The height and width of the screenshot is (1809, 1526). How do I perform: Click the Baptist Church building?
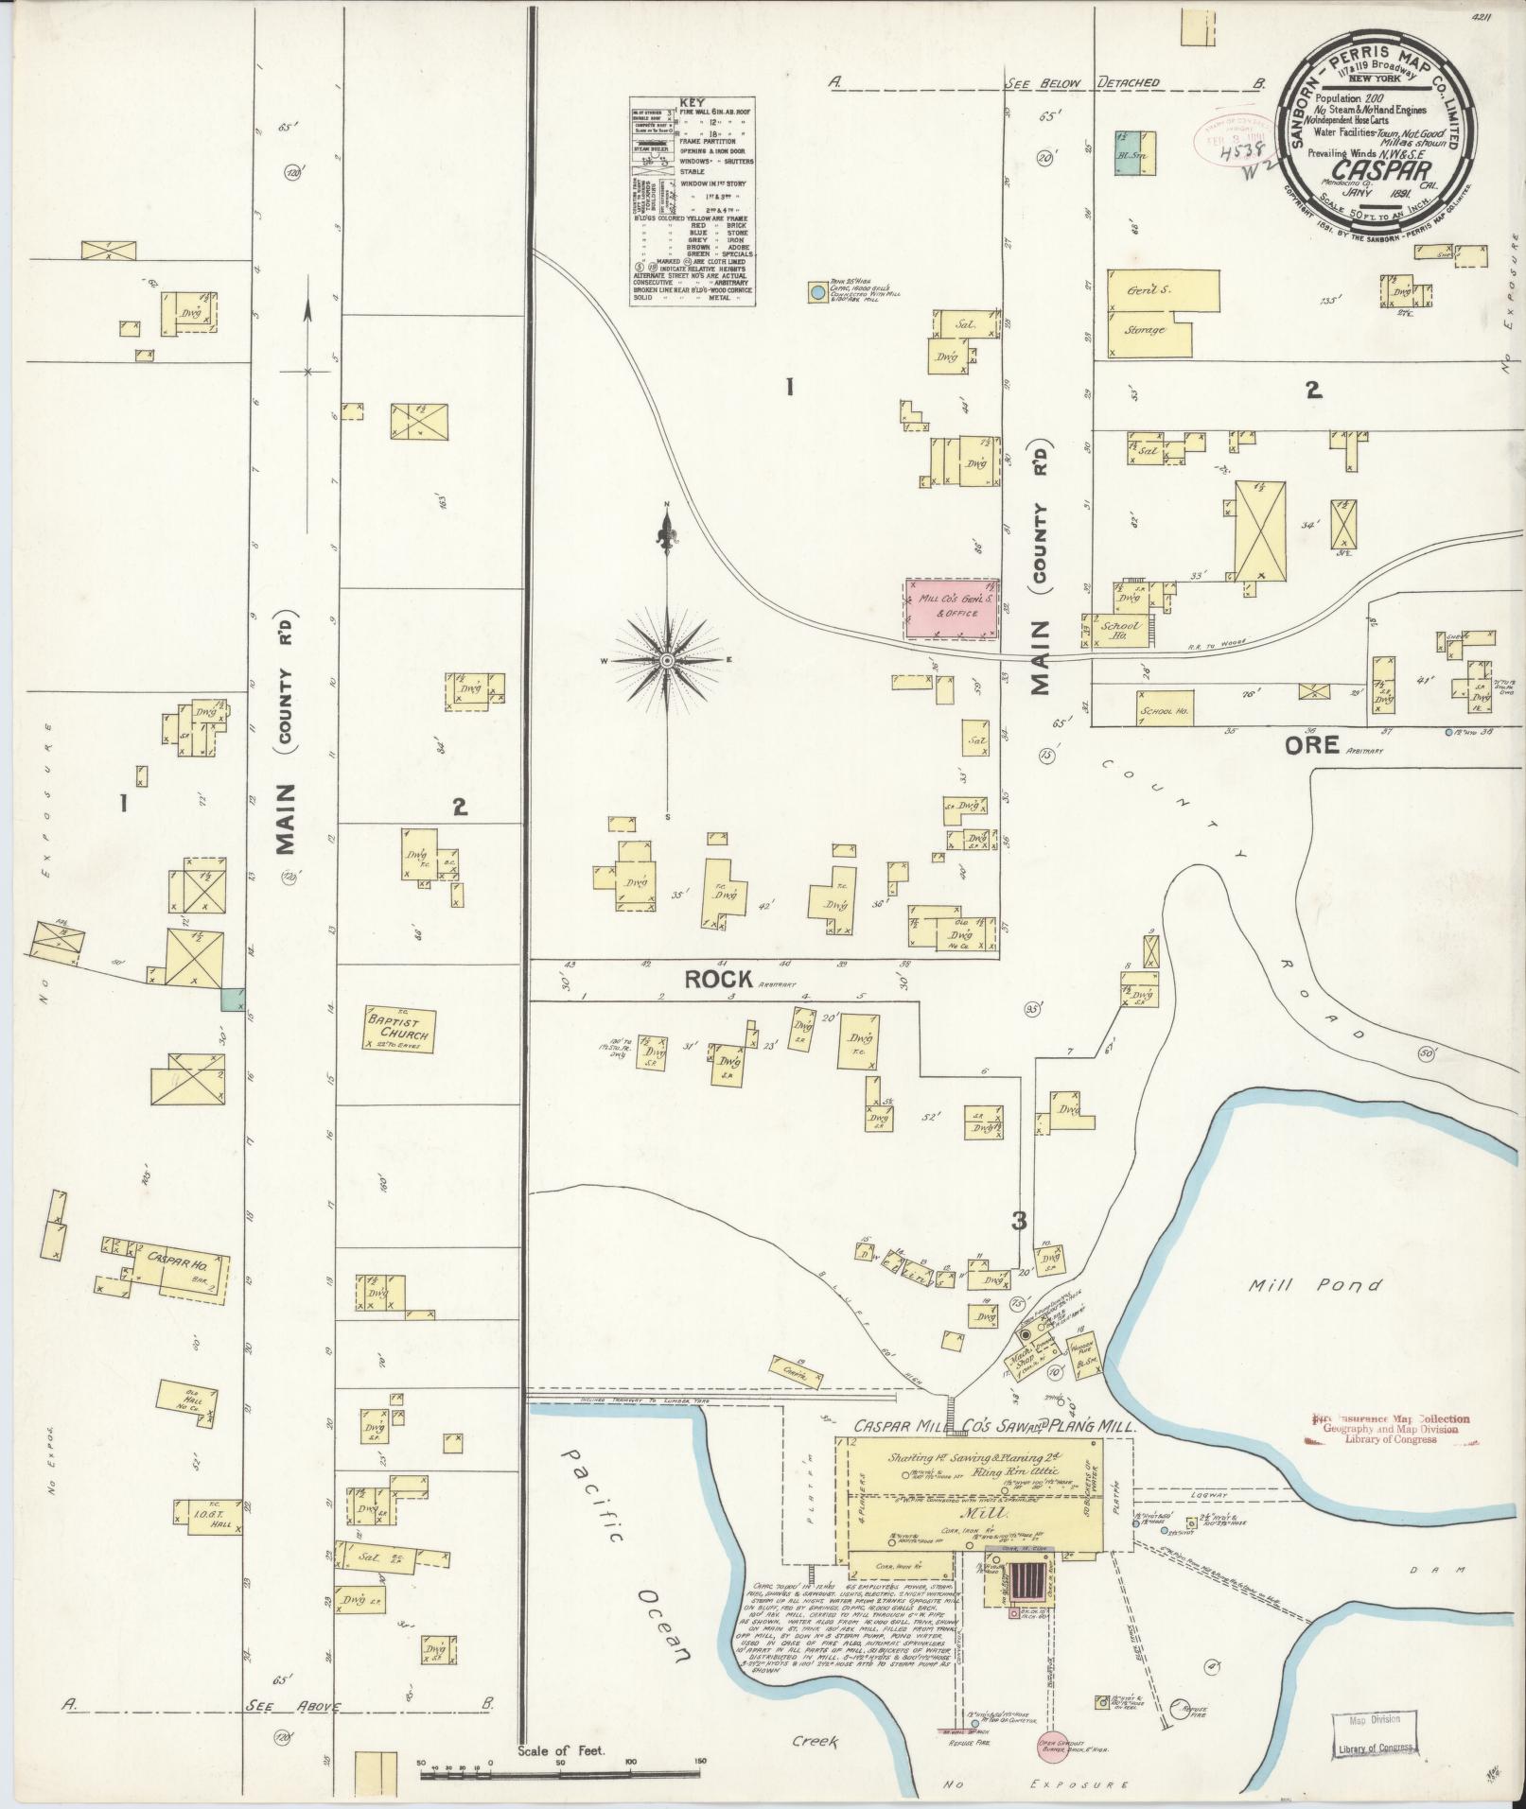tap(400, 1030)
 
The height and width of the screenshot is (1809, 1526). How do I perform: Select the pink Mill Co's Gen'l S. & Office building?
tap(952, 608)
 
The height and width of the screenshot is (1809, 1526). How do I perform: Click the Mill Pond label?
tap(1315, 1285)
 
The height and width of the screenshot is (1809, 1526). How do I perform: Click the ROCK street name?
tap(718, 980)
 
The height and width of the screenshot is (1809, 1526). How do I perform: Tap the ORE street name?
tap(1311, 745)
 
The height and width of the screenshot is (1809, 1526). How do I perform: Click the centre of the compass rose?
tap(667, 659)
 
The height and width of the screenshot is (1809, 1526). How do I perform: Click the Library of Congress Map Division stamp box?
tap(1376, 1731)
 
